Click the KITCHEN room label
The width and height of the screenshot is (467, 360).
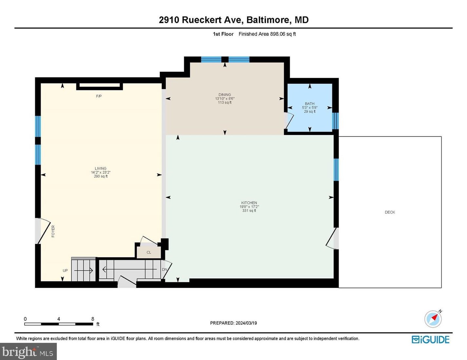(249, 203)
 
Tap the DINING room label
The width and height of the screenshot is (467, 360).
(225, 95)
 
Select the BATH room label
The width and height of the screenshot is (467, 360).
(309, 104)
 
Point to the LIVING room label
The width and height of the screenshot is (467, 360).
(101, 168)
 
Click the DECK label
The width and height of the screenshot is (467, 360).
(390, 212)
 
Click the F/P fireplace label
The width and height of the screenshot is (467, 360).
(99, 96)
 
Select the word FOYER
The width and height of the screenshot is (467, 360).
(53, 231)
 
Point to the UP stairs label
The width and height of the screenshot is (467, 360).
(65, 271)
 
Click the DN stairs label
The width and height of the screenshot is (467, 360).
(164, 270)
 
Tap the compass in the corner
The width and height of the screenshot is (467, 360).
(433, 319)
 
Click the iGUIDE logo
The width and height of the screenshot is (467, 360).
(430, 340)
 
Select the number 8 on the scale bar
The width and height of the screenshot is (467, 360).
(93, 319)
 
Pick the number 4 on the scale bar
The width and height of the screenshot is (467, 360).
(59, 319)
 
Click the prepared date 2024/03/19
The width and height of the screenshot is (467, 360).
(246, 323)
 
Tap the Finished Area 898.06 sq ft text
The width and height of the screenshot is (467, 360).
(267, 34)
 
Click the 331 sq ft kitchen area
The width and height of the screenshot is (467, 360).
(249, 211)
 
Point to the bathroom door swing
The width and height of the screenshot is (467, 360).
(289, 120)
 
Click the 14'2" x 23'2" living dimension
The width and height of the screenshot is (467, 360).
(101, 172)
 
